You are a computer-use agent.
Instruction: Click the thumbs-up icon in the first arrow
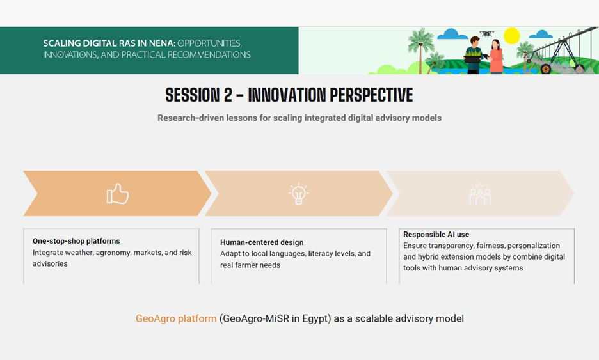coord(118,194)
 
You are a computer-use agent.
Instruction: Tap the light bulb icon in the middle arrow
coord(298,194)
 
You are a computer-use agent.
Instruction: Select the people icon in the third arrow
coord(480,194)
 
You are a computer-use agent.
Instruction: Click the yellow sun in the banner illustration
coord(512,36)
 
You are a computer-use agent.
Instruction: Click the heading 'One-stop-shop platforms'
coord(76,241)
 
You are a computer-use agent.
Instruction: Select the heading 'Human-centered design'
coord(262,242)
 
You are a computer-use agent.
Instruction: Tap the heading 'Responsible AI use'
coord(436,235)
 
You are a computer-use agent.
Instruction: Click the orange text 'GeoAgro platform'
coord(176,318)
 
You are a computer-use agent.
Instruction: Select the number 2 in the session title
coord(227,96)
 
